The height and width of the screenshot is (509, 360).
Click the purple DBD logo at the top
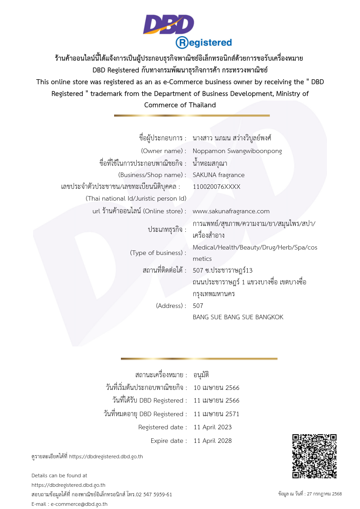(168, 24)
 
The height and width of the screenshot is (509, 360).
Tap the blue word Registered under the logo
(204, 43)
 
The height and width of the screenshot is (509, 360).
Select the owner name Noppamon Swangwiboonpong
(237, 151)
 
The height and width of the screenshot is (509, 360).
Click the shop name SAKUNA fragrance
(218, 175)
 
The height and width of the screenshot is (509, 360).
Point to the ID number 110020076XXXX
(216, 187)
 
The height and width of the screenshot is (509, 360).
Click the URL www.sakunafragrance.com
(231, 211)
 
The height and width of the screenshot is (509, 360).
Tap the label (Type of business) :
(158, 253)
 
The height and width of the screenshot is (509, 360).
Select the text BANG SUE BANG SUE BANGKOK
(238, 317)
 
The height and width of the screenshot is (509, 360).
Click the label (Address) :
(171, 306)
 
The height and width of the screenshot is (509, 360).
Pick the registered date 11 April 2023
(212, 427)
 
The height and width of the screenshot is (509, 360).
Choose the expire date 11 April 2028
(212, 441)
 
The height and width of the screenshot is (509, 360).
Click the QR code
(314, 456)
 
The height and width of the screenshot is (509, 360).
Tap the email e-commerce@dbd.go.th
(79, 504)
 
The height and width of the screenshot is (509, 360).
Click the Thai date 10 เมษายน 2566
(216, 388)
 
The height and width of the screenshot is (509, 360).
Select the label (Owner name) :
(163, 151)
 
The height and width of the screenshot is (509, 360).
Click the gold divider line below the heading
(192, 115)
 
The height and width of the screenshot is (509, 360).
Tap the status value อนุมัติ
(201, 375)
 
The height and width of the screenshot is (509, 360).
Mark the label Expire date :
(168, 441)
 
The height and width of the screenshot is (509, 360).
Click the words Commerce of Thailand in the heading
(180, 105)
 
